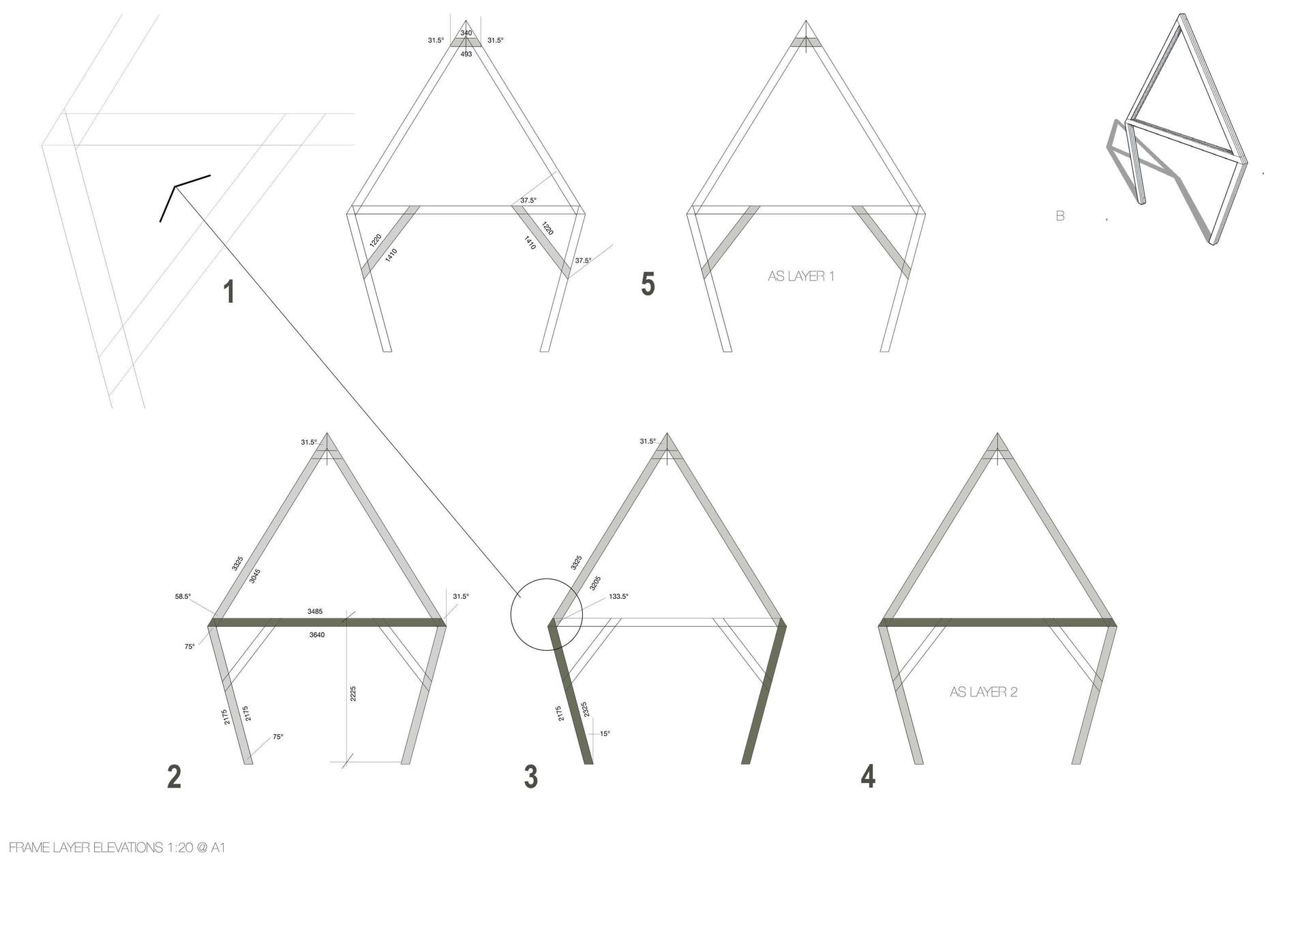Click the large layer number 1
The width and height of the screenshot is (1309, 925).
pos(229,291)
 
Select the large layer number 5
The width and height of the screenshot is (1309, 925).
pos(648,284)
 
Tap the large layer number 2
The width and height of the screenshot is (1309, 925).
pos(174,777)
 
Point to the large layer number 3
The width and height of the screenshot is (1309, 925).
pos(530,777)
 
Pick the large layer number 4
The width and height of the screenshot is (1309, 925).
pos(868,776)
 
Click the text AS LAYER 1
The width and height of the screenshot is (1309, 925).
pos(801,276)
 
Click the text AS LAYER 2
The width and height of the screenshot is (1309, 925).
pos(983,692)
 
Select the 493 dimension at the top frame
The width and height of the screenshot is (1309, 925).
pos(466,54)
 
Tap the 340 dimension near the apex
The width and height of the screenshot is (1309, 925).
pos(466,33)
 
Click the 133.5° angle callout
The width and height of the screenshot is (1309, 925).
pos(618,596)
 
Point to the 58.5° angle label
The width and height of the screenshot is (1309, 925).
pos(183,596)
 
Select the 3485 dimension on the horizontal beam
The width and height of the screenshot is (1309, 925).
pos(315,611)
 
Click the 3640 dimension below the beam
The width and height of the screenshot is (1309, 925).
pos(316,634)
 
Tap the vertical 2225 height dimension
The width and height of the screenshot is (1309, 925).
pos(352,694)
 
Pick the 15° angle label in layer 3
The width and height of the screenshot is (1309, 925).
pos(605,734)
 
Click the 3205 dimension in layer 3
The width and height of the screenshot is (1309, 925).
pos(595,583)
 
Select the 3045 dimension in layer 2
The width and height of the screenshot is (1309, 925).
pos(254,576)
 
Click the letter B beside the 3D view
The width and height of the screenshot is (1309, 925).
pos(1060,216)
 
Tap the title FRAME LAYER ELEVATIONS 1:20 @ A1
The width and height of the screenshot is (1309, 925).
pos(117,848)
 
